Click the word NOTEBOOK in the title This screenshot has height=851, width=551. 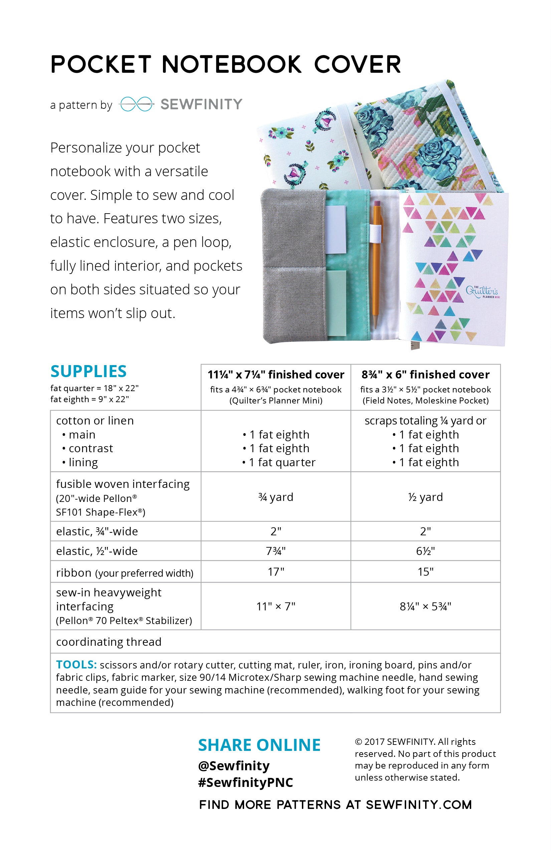231,64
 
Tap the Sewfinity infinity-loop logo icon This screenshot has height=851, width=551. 136,104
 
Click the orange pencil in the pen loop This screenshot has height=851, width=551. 376,265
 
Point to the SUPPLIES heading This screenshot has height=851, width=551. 88,371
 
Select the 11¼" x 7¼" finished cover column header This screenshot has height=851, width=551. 276,375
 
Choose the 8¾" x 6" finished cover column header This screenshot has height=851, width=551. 425,375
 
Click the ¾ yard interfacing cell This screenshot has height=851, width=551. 276,497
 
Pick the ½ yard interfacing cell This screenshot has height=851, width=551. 425,497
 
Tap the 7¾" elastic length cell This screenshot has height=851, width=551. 276,551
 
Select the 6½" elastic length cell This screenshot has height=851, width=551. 425,551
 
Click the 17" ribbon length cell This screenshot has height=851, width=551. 276,572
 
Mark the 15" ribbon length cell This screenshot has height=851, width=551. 425,572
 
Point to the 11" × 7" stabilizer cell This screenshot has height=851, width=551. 276,606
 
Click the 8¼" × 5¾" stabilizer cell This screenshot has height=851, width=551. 425,606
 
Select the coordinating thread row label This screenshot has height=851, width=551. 109,642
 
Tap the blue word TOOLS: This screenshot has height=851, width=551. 76,665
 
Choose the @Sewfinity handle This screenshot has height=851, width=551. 234,766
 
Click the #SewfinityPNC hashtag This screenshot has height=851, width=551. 245,783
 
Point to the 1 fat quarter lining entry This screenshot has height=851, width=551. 279,462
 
